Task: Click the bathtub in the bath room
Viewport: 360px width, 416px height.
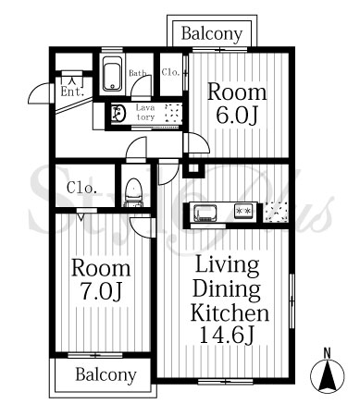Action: [112, 74]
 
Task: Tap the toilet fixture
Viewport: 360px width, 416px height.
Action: [133, 192]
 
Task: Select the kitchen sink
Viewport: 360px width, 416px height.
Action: [205, 213]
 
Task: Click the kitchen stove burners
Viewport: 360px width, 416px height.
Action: [244, 211]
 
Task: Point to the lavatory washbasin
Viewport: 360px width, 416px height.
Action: [118, 114]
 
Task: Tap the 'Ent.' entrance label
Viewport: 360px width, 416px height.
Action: [72, 92]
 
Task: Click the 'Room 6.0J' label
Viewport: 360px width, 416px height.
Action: [237, 104]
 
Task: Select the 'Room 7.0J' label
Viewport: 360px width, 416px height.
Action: [101, 279]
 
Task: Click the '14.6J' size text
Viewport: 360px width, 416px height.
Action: [227, 335]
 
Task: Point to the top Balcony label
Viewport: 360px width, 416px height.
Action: [212, 33]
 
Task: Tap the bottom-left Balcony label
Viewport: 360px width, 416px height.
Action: [106, 375]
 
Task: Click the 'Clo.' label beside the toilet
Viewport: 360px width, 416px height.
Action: [81, 188]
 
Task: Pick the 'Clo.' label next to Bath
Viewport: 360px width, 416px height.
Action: [170, 72]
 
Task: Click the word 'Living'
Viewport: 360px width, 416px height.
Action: [227, 265]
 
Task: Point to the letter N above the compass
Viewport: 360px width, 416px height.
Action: [327, 352]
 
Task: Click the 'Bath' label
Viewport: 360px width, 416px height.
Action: [138, 73]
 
